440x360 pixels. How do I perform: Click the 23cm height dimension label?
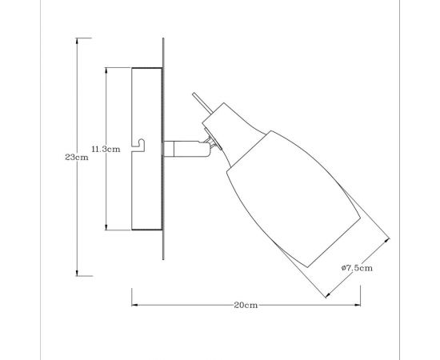[76, 157]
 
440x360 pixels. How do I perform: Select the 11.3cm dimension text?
[105, 149]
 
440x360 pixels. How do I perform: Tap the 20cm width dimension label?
[246, 305]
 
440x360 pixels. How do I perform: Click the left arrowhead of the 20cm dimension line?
[133, 305]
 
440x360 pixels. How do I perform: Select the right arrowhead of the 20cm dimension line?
[360, 305]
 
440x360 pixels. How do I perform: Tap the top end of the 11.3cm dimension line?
[105, 68]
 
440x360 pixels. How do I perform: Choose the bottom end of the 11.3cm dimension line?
[105, 230]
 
